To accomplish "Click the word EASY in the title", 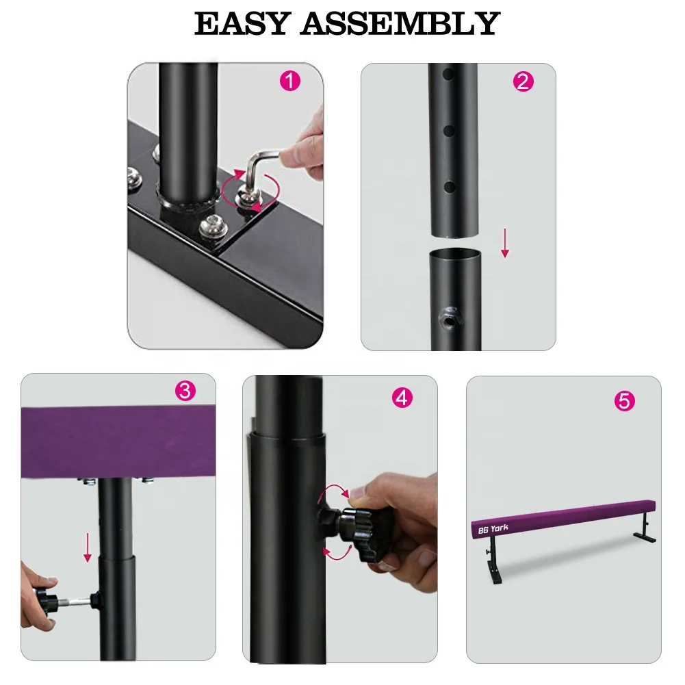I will tap(242, 25).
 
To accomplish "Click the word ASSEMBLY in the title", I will tap(400, 25).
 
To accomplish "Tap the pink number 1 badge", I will tap(290, 81).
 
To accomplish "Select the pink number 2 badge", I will tap(523, 82).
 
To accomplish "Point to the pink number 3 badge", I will tap(185, 391).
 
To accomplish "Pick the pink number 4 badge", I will tap(402, 398).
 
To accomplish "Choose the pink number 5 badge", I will tap(624, 401).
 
